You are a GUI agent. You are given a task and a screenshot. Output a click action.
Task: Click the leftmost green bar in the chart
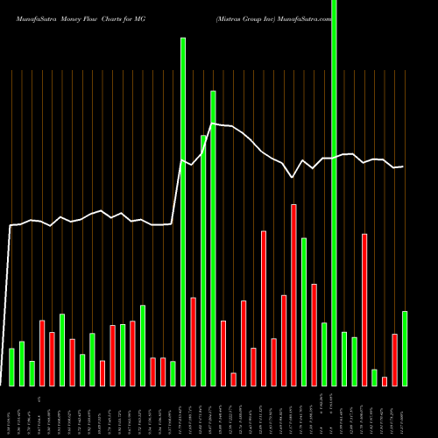coord(11,367)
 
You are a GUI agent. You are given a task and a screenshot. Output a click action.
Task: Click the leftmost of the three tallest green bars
coord(183,210)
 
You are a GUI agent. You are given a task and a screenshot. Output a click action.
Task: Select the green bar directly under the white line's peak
coord(213,237)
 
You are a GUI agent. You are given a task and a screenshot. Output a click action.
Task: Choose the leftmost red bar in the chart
coord(42,353)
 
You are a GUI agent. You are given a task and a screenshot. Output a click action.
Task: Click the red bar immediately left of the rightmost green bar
coord(394,359)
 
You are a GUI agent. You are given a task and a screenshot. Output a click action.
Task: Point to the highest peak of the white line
coord(213,124)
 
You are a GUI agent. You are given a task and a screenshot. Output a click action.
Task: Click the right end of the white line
coord(403,166)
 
